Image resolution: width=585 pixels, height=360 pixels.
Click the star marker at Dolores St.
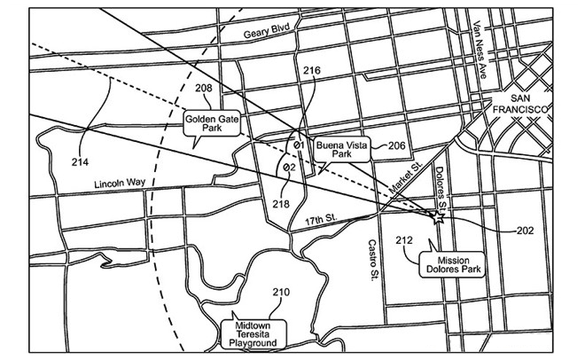pos(436,215)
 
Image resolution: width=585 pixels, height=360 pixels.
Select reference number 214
pos(82,161)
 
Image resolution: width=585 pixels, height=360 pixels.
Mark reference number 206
pos(396,145)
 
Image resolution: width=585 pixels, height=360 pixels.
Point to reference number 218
pos(280,205)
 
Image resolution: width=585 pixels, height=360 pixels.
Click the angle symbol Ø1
pos(299,145)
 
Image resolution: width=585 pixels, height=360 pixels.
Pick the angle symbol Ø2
pos(288,166)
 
